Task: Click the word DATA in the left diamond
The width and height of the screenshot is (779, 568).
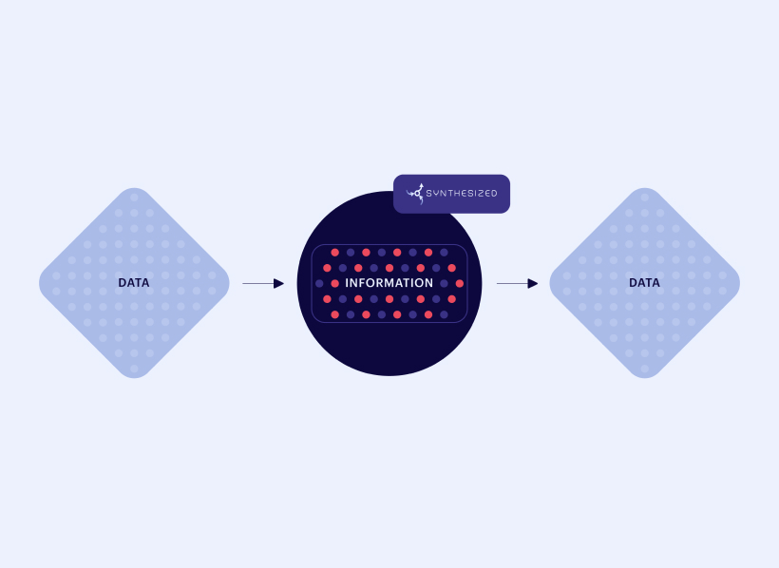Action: [134, 283]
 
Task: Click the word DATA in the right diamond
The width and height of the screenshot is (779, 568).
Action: [644, 283]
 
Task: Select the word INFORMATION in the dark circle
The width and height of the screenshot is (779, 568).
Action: [389, 283]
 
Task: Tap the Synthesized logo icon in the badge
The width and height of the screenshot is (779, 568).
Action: [415, 194]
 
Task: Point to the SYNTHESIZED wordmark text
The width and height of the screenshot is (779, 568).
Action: [462, 194]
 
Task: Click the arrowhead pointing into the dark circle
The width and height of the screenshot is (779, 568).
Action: [278, 283]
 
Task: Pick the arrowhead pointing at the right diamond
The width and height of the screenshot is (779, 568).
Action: [533, 283]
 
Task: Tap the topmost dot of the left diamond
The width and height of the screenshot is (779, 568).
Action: [134, 198]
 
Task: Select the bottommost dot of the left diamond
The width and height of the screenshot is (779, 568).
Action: [134, 369]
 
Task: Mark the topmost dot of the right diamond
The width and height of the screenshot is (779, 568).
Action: [645, 198]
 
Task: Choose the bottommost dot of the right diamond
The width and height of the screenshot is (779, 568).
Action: [645, 369]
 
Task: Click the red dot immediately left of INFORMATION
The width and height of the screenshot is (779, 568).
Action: [334, 283]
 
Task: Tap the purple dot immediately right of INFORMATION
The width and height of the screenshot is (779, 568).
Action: [445, 283]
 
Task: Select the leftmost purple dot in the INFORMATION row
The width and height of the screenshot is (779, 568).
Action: [319, 283]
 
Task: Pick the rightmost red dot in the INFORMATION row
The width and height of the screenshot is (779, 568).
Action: [460, 283]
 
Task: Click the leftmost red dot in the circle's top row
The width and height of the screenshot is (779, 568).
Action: [334, 253]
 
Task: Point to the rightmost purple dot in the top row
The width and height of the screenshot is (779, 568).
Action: [445, 253]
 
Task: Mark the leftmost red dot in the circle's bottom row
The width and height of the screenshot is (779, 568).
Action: [334, 314]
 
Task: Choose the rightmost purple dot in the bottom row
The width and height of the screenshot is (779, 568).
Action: [445, 314]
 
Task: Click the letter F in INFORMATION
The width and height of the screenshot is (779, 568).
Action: [362, 283]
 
